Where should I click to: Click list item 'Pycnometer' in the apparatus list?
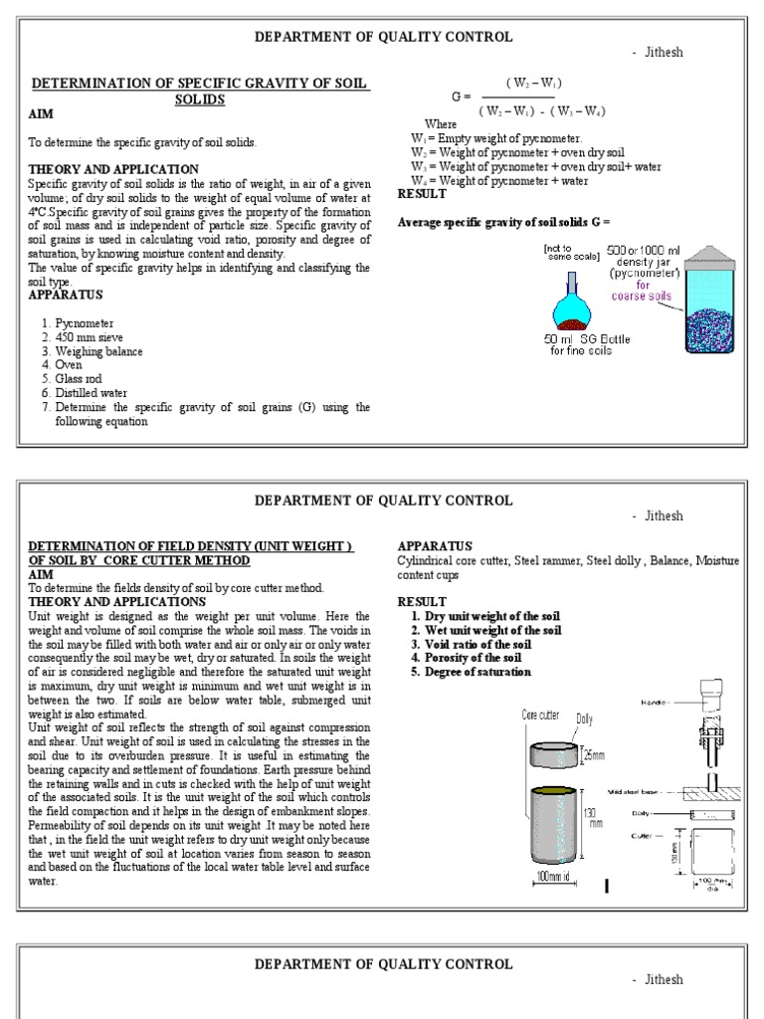tap(85, 323)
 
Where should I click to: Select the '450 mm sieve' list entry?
tap(91, 337)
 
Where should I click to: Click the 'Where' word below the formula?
tap(441, 124)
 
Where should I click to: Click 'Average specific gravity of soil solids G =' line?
tap(502, 221)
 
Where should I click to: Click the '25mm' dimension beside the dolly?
tap(593, 755)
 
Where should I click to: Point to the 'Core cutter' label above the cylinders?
tap(540, 714)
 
